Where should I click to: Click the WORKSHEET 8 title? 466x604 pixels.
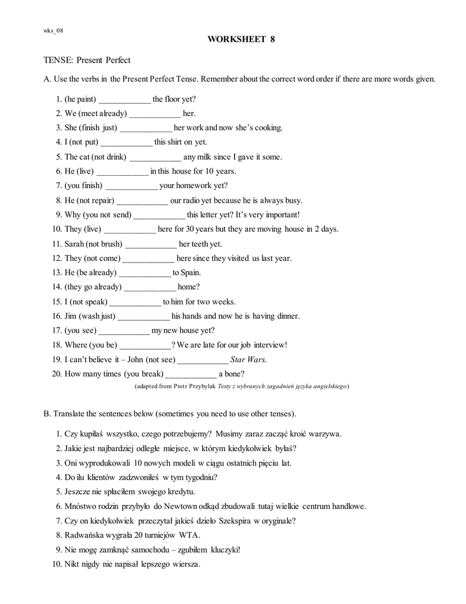click(241, 40)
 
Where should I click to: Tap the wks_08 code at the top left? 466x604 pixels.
click(52, 31)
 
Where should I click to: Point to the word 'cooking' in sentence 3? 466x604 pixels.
click(269, 128)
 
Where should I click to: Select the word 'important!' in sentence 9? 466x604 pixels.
click(280, 215)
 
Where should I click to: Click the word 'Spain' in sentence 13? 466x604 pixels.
click(191, 273)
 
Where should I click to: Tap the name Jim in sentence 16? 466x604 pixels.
click(71, 316)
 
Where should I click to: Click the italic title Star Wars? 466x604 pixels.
click(248, 359)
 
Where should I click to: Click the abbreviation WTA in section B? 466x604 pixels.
click(189, 535)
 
